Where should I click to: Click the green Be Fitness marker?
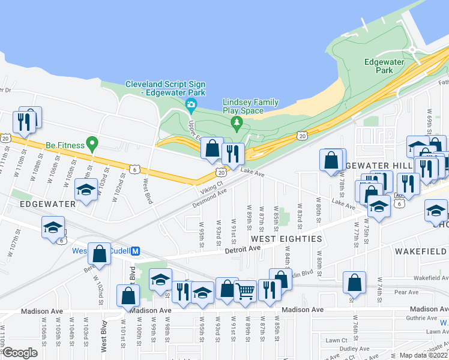[x=91, y=144]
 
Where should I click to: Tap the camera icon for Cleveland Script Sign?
[x=191, y=107]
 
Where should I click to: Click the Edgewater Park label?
[x=379, y=66]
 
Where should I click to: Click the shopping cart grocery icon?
[x=245, y=292]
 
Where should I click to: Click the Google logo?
[x=20, y=353]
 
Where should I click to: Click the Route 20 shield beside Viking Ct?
[x=221, y=172]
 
